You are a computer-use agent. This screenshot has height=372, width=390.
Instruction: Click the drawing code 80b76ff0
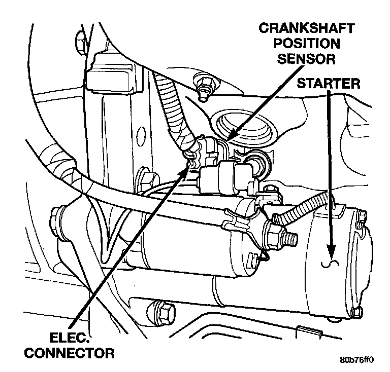(357, 361)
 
